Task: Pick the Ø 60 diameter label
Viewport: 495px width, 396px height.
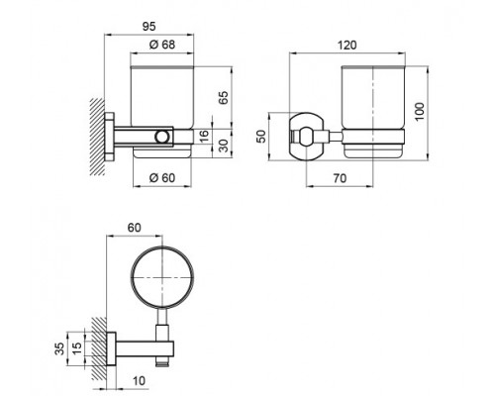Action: click(x=160, y=177)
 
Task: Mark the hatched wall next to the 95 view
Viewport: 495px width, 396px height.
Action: click(x=97, y=133)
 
